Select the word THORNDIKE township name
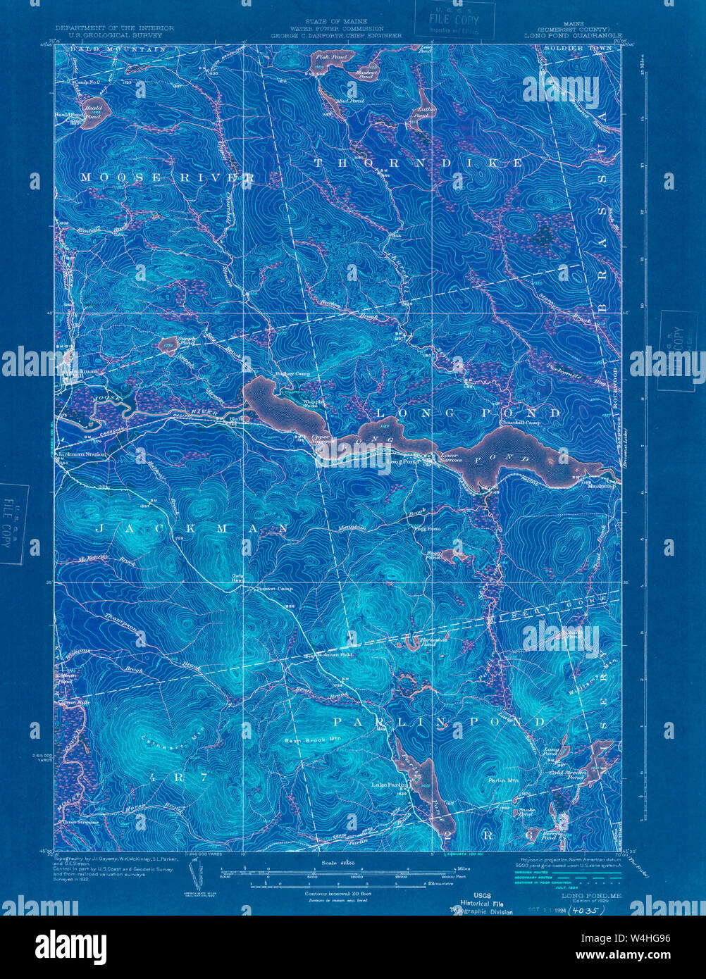[x=418, y=163]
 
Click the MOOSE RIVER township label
[x=166, y=177]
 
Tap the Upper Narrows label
[x=321, y=439]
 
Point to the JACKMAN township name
[x=190, y=528]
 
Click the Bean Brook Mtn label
[x=312, y=740]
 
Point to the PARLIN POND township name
[x=438, y=722]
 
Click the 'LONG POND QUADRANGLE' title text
[x=573, y=35]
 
